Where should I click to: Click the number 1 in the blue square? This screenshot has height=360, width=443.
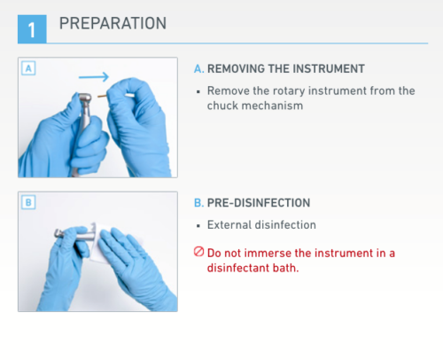point(32,30)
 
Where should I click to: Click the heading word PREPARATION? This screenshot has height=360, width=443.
point(113,23)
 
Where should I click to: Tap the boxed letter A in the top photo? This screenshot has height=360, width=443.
point(28,68)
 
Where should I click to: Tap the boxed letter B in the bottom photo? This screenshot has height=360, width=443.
point(28,202)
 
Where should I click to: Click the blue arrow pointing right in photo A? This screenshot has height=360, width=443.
point(94,77)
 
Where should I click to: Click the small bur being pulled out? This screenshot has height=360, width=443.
point(102,96)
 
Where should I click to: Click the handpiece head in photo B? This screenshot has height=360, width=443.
point(59,233)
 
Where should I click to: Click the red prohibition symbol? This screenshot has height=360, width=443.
point(198,252)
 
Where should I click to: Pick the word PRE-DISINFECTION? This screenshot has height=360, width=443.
point(259,203)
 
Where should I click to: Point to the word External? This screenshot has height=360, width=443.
point(229,225)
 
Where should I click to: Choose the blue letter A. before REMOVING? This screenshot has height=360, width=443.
point(199,69)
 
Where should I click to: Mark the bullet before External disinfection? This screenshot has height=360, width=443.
point(198,226)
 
